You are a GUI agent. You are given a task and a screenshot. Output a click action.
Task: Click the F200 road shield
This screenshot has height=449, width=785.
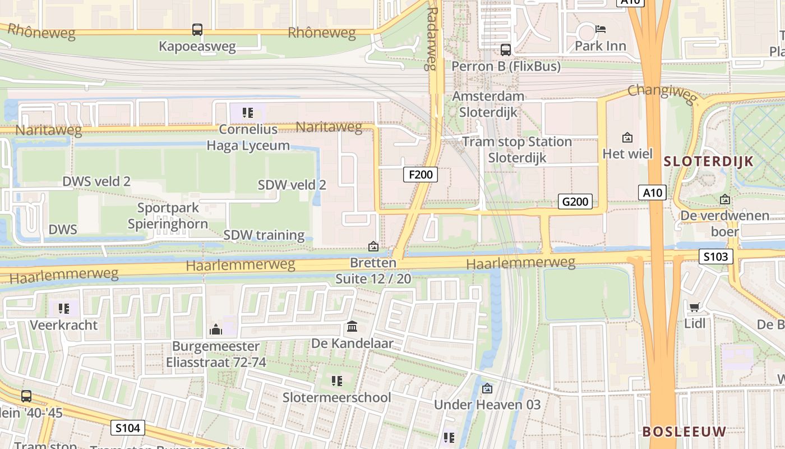tap(421, 175)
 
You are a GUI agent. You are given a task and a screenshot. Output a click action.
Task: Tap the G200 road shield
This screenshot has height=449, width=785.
tap(575, 201)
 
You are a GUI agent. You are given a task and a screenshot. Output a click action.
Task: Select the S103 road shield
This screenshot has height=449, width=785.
tap(717, 257)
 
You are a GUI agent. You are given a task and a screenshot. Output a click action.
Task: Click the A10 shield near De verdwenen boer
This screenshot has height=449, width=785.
tap(653, 193)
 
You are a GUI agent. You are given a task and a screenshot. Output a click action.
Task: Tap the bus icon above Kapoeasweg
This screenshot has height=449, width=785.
tap(197, 30)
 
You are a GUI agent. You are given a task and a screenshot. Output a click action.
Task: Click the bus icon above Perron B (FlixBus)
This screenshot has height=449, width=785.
tap(506, 50)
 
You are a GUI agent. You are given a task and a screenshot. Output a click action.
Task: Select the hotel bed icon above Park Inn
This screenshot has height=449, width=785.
tap(601, 29)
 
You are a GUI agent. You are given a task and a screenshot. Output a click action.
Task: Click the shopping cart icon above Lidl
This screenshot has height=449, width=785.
tap(694, 307)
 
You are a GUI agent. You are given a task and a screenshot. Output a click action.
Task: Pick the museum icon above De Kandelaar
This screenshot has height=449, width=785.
tap(352, 327)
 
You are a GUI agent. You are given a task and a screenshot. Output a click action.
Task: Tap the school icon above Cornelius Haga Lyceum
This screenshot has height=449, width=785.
tap(248, 113)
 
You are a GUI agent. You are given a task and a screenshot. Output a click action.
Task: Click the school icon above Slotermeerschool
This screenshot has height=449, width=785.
tap(336, 381)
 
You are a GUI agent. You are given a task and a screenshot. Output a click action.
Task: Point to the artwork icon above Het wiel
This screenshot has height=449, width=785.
tap(627, 137)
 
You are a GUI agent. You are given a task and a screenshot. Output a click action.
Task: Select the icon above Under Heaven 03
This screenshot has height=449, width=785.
tap(487, 388)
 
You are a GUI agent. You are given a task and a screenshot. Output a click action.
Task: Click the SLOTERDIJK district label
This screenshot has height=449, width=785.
tap(708, 162)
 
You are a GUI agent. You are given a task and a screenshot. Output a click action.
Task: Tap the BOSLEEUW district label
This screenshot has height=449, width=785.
tap(684, 432)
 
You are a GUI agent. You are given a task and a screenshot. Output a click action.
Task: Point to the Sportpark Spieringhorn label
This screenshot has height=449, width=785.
tap(168, 216)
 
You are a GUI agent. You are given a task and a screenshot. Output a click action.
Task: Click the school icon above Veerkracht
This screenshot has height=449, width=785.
tap(64, 308)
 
